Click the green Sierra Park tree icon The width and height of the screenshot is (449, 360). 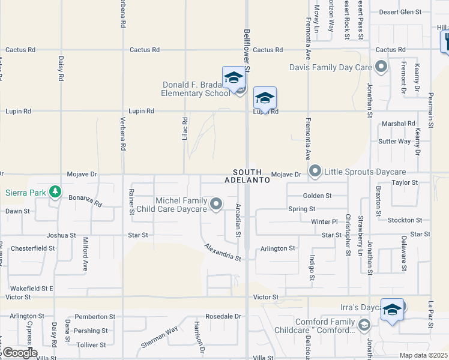click(55, 192)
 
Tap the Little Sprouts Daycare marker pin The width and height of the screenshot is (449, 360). click(315, 172)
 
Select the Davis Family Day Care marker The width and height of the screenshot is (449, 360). click(381, 67)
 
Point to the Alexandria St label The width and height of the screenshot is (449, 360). click(222, 252)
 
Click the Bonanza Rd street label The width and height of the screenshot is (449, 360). click(85, 200)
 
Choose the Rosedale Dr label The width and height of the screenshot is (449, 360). click(223, 316)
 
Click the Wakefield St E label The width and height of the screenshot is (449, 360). click(32, 289)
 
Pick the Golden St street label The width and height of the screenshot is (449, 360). click(318, 196)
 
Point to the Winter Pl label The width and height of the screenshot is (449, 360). click(325, 221)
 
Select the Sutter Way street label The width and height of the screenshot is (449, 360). click(394, 142)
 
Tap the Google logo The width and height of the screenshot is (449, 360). click(19, 353)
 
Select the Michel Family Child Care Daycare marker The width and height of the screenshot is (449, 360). click(215, 205)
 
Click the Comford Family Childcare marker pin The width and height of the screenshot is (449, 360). click(363, 325)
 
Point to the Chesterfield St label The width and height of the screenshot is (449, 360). click(33, 248)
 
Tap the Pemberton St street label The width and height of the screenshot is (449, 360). click(95, 316)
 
